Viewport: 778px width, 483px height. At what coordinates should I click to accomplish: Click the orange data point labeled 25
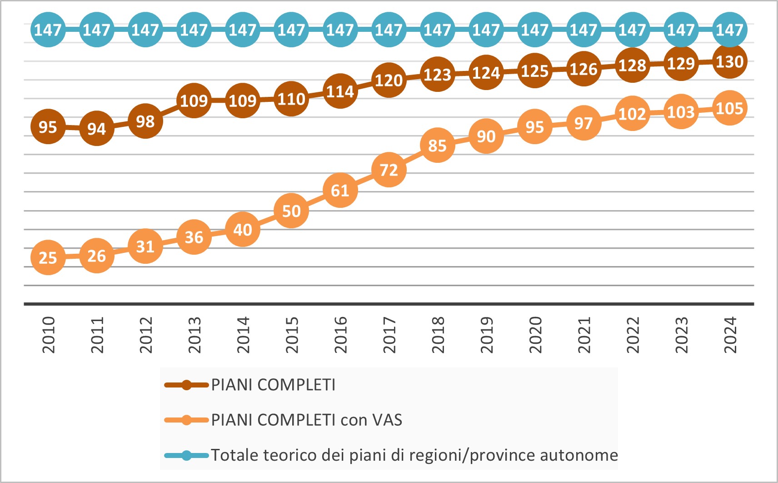pyautogui.click(x=48, y=258)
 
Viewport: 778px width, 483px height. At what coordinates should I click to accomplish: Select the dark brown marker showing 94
pyautogui.click(x=96, y=129)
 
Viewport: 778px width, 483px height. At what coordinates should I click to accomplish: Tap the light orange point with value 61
pyautogui.click(x=340, y=190)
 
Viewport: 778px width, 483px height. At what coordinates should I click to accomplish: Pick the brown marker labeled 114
pyautogui.click(x=340, y=91)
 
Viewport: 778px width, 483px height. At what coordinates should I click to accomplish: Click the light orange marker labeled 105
pyautogui.click(x=729, y=108)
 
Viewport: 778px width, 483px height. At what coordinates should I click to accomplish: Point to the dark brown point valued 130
pyautogui.click(x=729, y=61)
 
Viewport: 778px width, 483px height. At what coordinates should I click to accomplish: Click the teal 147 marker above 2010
pyautogui.click(x=48, y=30)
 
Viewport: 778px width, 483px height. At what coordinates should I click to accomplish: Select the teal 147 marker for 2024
pyautogui.click(x=729, y=30)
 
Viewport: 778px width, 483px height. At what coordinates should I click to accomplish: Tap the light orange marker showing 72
pyautogui.click(x=389, y=170)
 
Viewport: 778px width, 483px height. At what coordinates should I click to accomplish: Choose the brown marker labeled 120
pyautogui.click(x=389, y=80)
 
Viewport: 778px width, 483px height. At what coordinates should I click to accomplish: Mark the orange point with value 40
pyautogui.click(x=243, y=230)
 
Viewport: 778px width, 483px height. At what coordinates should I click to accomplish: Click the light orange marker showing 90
pyautogui.click(x=486, y=136)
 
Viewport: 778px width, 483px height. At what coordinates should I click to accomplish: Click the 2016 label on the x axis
pyautogui.click(x=340, y=335)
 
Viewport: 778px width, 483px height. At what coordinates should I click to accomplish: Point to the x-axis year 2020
pyautogui.click(x=535, y=335)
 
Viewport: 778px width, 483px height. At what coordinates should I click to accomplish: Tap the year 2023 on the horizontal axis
pyautogui.click(x=681, y=335)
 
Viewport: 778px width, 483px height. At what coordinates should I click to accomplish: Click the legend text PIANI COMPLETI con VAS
pyautogui.click(x=306, y=420)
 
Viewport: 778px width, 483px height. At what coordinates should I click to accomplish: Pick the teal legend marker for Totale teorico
pyautogui.click(x=186, y=455)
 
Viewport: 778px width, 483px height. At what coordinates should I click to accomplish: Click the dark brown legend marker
pyautogui.click(x=186, y=385)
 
